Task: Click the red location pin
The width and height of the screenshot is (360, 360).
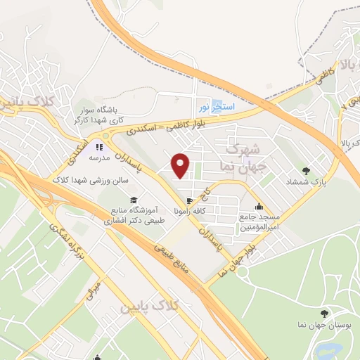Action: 181,166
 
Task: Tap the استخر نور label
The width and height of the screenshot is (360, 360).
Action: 214,107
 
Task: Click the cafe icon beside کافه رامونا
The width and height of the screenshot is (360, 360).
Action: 188,201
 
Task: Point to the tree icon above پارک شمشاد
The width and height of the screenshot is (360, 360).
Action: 306,170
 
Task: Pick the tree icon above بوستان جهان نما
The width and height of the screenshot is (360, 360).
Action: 323,314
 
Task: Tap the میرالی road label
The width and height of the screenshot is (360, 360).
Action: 94,290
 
